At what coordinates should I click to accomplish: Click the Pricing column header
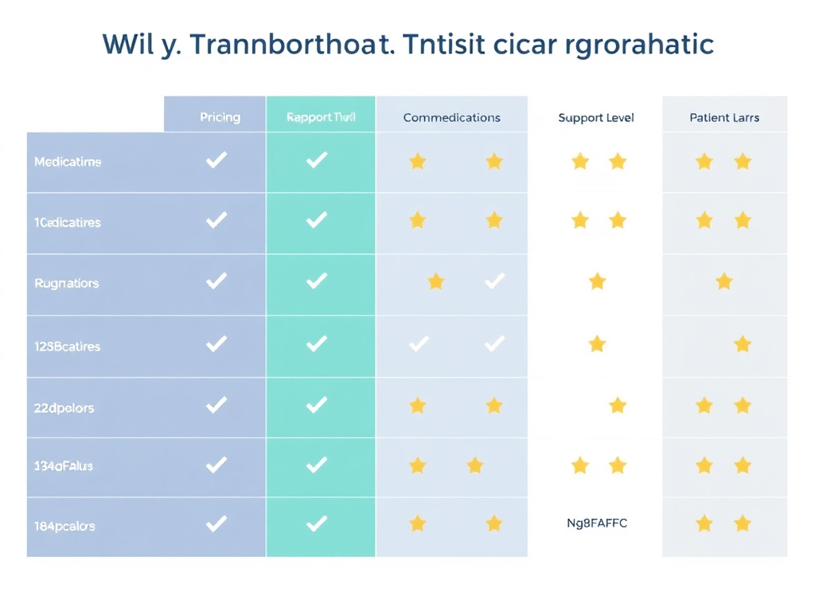(220, 117)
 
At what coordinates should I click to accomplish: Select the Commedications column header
(451, 117)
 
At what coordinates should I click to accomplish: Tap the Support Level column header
(596, 117)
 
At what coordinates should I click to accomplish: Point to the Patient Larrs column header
(724, 117)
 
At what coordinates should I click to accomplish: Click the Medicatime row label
(68, 162)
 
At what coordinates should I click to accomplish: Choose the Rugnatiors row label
(67, 283)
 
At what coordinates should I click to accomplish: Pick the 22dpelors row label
(64, 407)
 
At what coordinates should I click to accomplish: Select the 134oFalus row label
(64, 465)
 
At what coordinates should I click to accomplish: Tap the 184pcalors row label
(64, 526)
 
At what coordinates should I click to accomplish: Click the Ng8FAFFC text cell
(596, 524)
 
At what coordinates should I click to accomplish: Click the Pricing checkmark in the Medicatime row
(216, 160)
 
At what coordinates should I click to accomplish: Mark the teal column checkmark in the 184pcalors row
(317, 524)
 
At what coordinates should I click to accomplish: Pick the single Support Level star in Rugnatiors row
(597, 281)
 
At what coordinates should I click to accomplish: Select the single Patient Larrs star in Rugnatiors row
(723, 281)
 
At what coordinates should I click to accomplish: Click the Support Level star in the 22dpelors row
(618, 406)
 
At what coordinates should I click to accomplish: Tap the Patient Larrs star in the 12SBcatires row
(743, 344)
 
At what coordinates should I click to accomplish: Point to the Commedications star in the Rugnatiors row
(435, 281)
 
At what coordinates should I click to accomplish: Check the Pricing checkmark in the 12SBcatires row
(216, 344)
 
